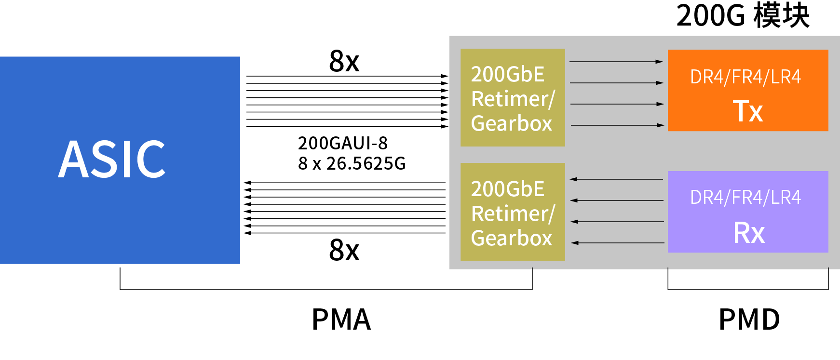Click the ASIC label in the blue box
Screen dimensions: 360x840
click(x=112, y=159)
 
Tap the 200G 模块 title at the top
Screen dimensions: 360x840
click(x=743, y=15)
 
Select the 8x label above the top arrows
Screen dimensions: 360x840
click(x=344, y=61)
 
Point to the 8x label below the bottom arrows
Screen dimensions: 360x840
click(x=344, y=250)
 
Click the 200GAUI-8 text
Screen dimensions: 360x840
click(x=342, y=143)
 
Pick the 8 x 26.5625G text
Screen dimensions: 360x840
click(x=352, y=164)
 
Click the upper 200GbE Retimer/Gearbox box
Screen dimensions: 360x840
click(x=513, y=97)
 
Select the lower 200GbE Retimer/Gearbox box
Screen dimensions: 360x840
click(x=513, y=212)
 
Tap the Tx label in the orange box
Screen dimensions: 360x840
click(x=748, y=111)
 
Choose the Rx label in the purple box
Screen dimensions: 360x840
click(x=749, y=233)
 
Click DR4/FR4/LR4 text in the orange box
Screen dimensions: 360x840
click(x=745, y=77)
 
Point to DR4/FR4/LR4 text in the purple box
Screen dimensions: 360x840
click(x=745, y=198)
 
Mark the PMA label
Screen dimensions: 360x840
click(x=341, y=320)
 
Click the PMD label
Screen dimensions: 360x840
click(x=749, y=320)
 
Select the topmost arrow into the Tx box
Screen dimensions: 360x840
click(x=616, y=62)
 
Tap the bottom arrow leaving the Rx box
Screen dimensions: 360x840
click(x=618, y=243)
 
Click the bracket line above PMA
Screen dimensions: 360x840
click(x=326, y=290)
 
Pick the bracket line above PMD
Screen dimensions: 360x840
click(x=748, y=290)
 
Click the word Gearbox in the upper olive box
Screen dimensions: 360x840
click(x=511, y=124)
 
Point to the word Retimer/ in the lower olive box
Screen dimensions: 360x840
click(x=513, y=213)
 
